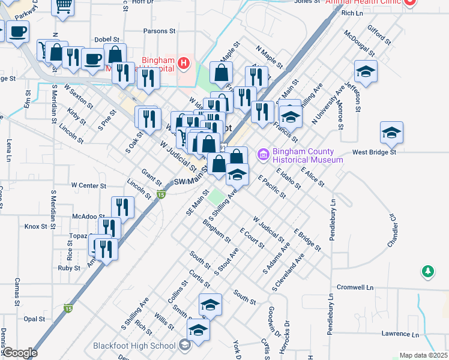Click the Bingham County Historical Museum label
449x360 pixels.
click(x=307, y=155)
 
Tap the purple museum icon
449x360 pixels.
click(x=263, y=155)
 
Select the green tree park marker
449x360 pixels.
click(x=427, y=272)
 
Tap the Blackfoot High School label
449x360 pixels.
click(x=134, y=346)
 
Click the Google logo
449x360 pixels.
click(x=20, y=353)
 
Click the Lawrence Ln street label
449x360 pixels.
click(x=399, y=334)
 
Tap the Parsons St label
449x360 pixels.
click(x=158, y=31)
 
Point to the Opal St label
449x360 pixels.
click(x=34, y=319)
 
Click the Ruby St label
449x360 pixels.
click(x=68, y=268)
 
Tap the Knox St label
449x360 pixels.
click(x=35, y=227)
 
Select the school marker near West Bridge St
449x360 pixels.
click(x=391, y=133)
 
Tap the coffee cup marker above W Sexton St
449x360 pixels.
click(x=92, y=59)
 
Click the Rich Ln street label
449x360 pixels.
click(x=352, y=13)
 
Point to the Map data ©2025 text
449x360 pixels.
click(x=423, y=355)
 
